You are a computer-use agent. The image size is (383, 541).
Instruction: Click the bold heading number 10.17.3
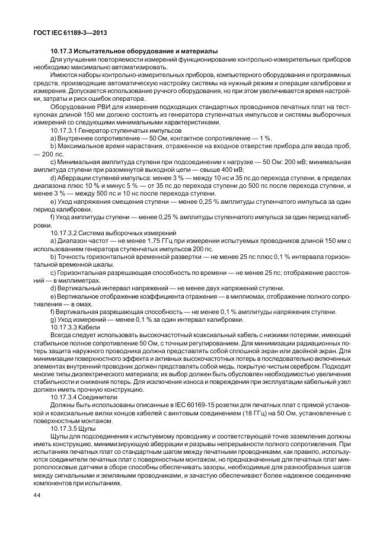[x=65, y=52]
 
